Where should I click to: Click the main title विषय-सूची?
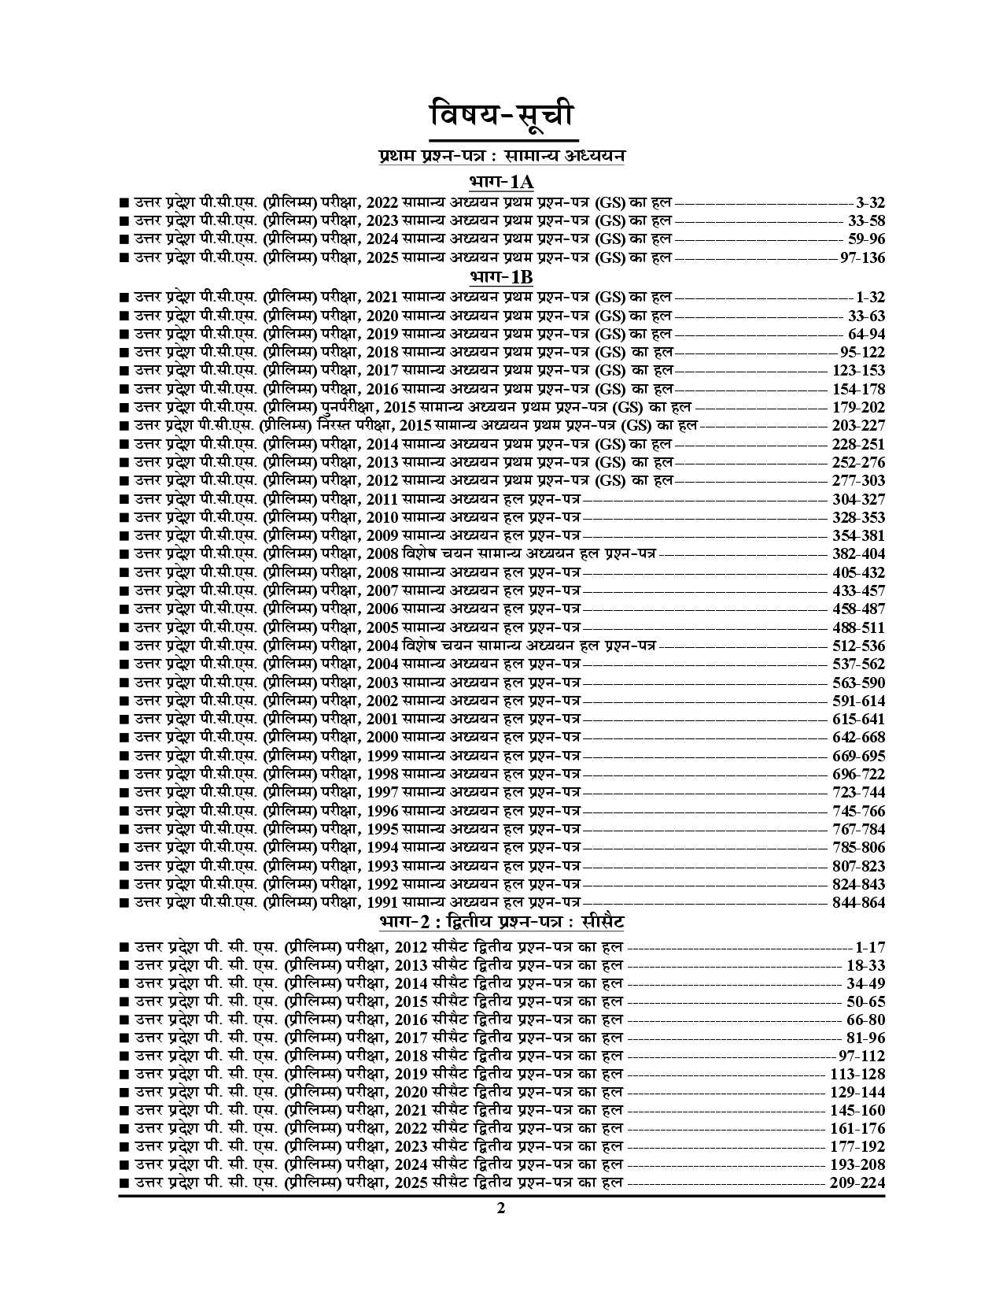click(x=501, y=116)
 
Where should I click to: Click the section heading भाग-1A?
click(x=501, y=183)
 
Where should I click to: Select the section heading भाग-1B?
click(x=501, y=278)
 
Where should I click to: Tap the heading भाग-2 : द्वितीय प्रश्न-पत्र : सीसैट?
click(x=501, y=922)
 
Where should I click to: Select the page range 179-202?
click(x=858, y=408)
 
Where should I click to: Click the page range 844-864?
click(x=858, y=903)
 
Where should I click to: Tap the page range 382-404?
click(x=858, y=554)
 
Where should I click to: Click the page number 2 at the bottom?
click(x=501, y=1210)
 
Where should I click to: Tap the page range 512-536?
click(x=858, y=646)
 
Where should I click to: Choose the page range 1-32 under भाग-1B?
click(x=871, y=298)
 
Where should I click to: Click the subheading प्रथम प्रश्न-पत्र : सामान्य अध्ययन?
click(x=501, y=157)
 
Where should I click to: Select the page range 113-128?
click(x=857, y=1075)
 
